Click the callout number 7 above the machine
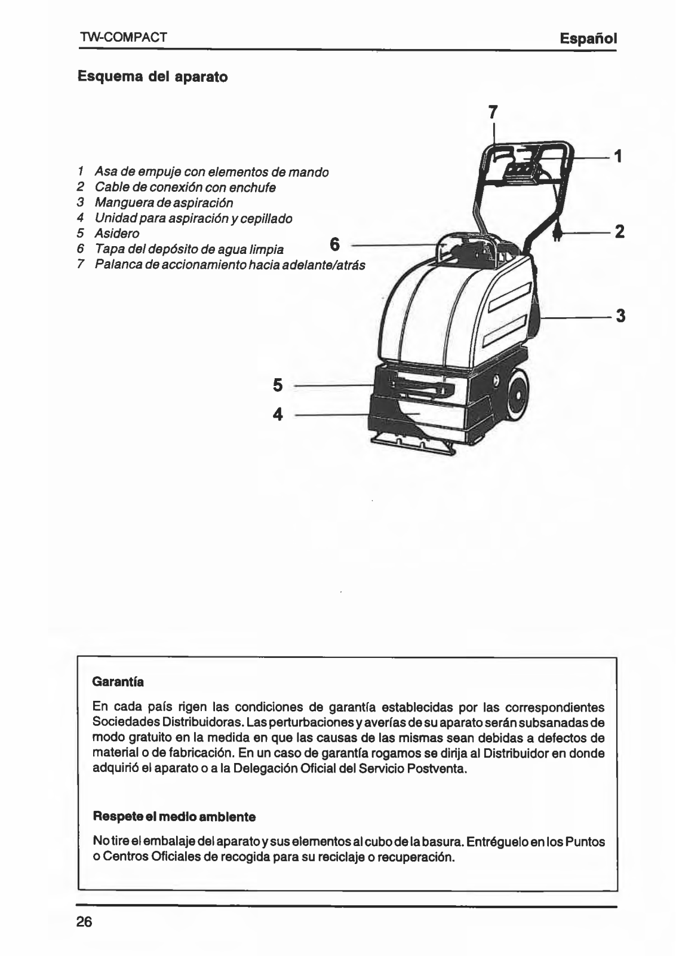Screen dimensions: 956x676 point(493,112)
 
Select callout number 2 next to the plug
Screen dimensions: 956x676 point(619,232)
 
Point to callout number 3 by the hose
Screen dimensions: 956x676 point(620,315)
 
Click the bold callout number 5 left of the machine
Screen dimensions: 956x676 point(278,385)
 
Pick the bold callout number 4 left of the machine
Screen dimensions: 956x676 point(278,414)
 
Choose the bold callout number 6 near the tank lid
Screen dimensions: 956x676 point(334,244)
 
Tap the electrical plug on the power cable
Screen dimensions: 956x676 point(557,234)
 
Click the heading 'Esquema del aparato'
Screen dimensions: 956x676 point(153,77)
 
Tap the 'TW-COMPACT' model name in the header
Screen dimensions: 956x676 point(123,38)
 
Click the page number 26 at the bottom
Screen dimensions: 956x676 point(84,921)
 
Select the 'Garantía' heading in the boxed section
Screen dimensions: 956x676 point(118,681)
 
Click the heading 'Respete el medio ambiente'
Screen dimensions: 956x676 point(174,816)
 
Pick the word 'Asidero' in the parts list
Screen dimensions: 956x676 point(117,234)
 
